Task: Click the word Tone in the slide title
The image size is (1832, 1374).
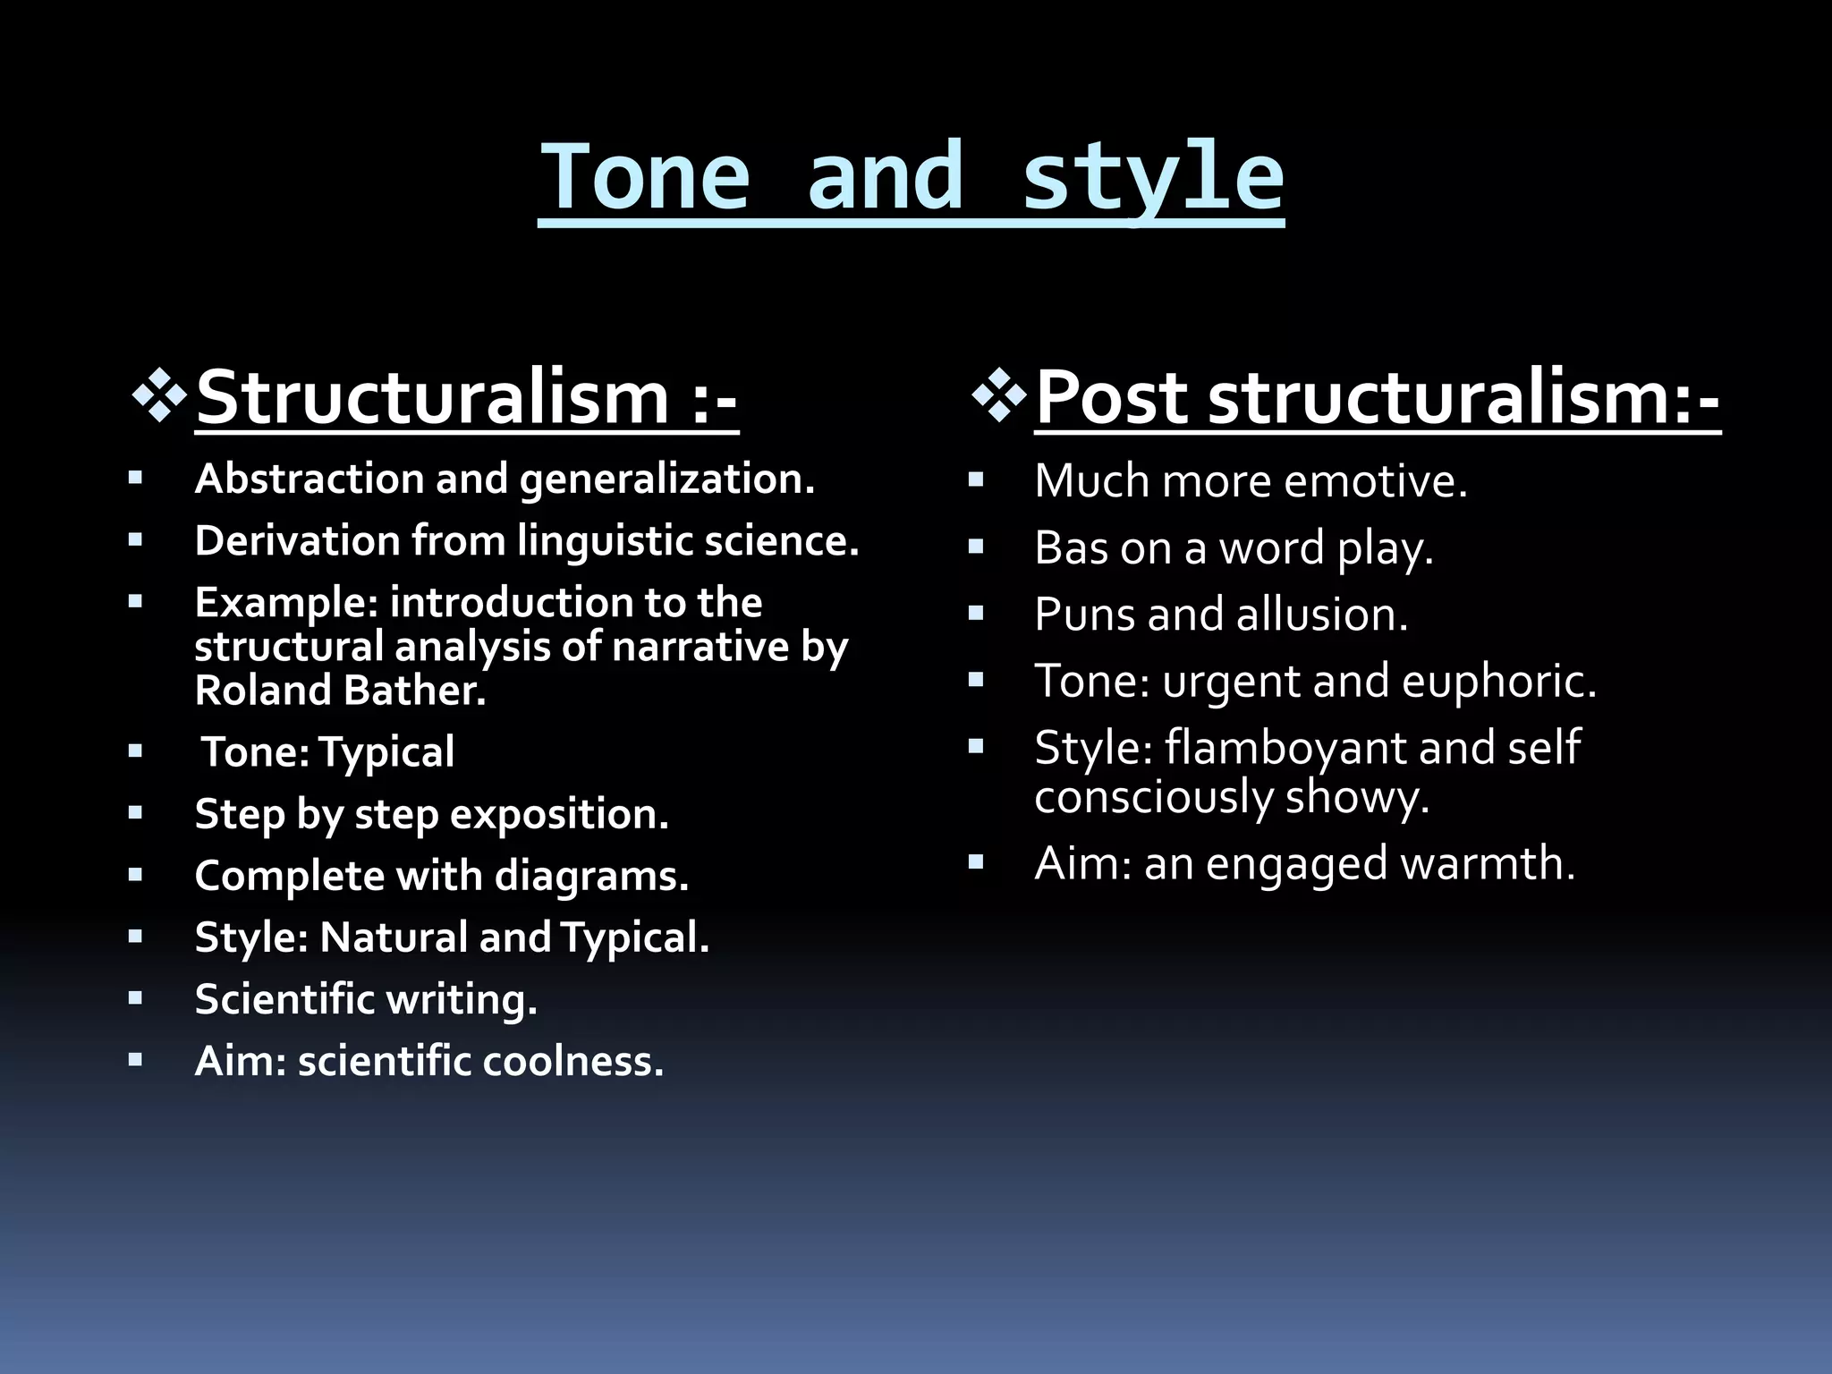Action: (645, 177)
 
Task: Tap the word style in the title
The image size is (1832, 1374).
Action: (1152, 177)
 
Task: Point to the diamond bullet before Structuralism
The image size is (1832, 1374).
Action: (159, 393)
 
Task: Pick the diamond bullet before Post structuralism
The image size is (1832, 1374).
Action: (999, 393)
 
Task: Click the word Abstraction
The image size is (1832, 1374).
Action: (309, 479)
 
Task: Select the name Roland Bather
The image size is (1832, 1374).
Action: (340, 691)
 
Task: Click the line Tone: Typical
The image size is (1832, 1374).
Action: (327, 751)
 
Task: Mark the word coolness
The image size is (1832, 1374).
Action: (572, 1062)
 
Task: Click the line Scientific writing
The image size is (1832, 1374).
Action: (365, 999)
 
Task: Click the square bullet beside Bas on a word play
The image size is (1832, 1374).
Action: (976, 547)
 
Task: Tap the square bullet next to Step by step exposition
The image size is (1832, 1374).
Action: (135, 813)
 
